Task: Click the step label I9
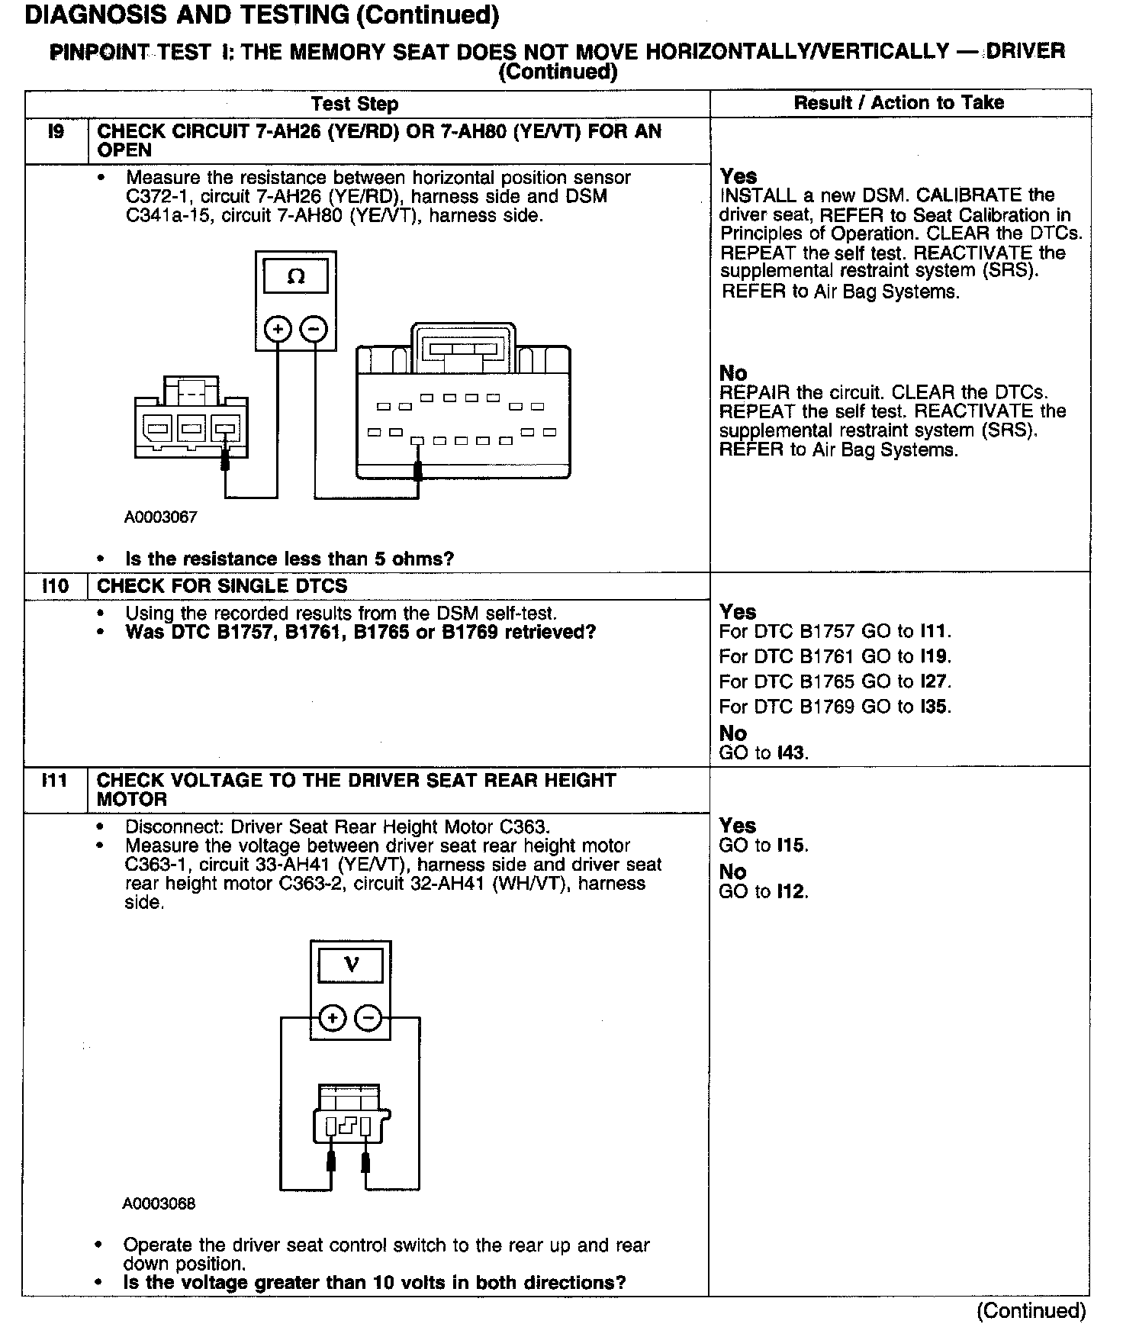(56, 132)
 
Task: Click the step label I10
(55, 586)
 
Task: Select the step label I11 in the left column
(55, 781)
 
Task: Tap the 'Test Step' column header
(355, 104)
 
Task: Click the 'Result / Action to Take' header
(899, 103)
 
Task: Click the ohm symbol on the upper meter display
(296, 277)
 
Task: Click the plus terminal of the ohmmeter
(278, 330)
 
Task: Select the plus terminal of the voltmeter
(332, 1018)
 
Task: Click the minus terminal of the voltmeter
(368, 1018)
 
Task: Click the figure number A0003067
(160, 517)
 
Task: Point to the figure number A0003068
(159, 1204)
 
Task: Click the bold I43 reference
(791, 753)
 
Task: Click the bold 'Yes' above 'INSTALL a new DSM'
(738, 177)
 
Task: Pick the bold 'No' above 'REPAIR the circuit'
(733, 373)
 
